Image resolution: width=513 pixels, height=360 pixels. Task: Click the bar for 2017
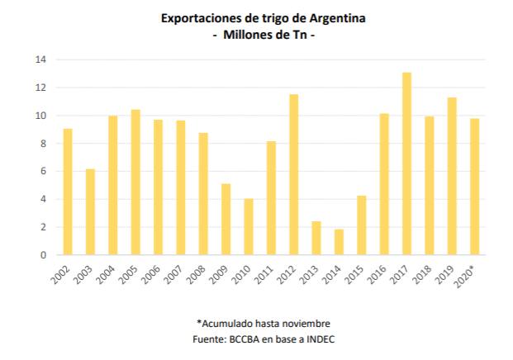coord(406,163)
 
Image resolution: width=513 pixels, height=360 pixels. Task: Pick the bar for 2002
coord(68,192)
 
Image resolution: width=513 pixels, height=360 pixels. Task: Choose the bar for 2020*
coord(474,187)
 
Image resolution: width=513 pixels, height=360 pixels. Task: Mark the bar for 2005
coord(135,182)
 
